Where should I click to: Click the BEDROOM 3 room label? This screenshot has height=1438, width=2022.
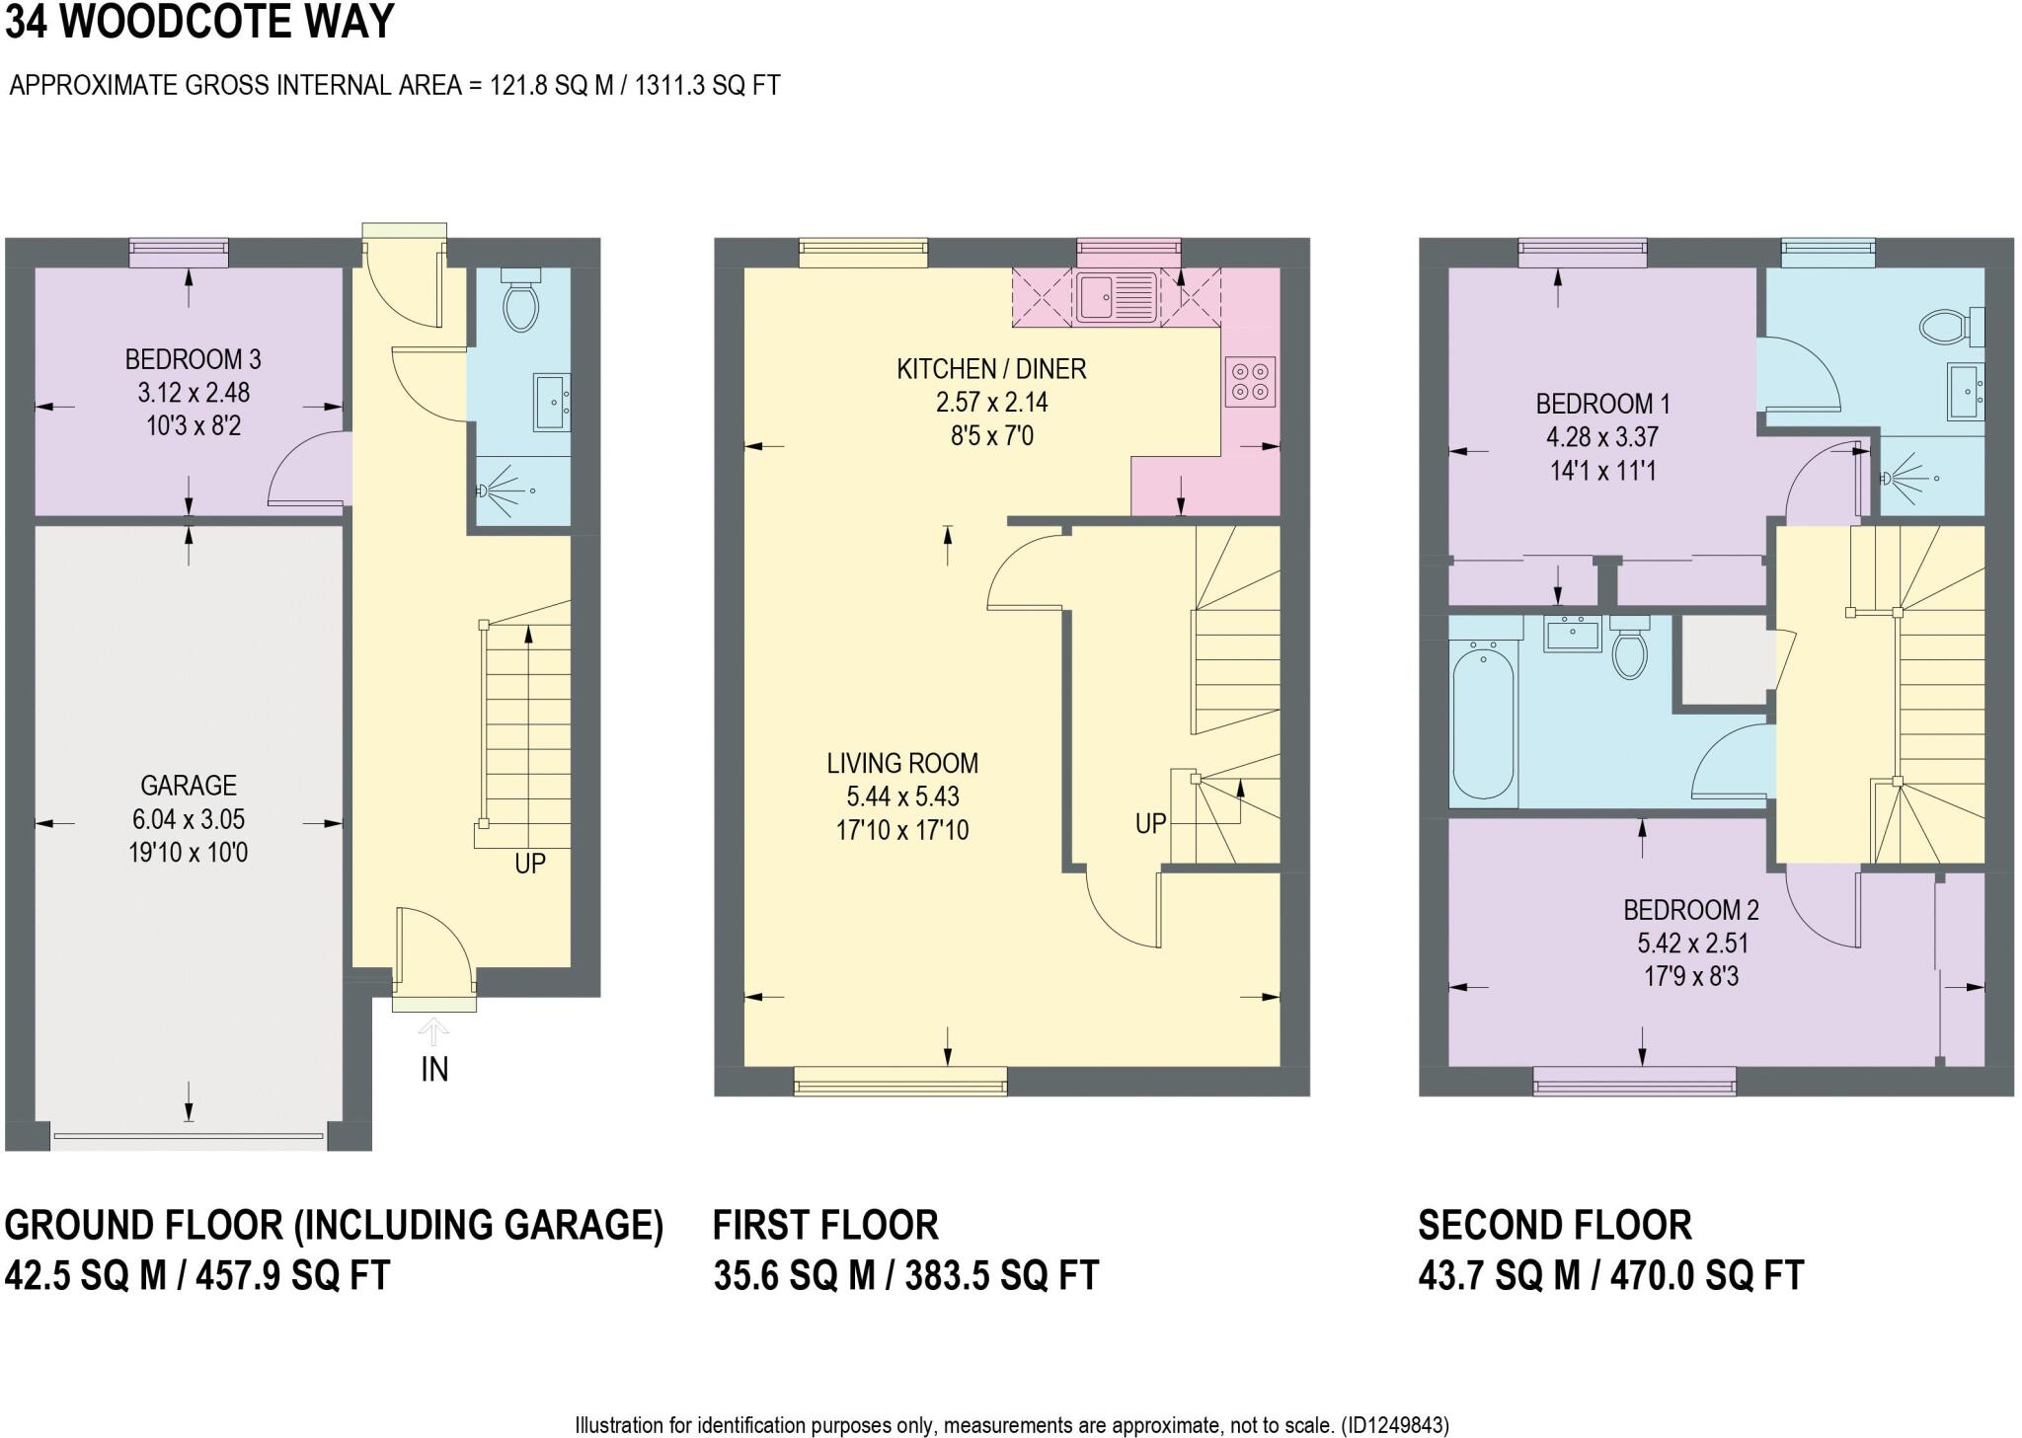[193, 358]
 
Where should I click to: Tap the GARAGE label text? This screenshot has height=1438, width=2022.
[189, 786]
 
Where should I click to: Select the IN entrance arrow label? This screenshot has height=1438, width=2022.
[434, 1069]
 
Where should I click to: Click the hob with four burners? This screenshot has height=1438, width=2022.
[1250, 382]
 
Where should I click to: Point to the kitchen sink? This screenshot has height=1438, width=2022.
[1117, 295]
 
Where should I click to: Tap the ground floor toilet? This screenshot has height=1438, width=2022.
[519, 300]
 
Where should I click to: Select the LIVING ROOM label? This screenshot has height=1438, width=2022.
[902, 763]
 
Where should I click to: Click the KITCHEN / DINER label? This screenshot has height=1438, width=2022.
[991, 369]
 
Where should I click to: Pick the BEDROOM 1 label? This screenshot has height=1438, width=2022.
[1602, 404]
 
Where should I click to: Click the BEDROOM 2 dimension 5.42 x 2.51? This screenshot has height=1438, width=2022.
[1692, 944]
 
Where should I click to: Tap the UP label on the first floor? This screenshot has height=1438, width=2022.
[1151, 823]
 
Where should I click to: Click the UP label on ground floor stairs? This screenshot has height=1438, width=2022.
[530, 864]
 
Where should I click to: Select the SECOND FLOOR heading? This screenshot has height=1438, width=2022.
[1555, 1225]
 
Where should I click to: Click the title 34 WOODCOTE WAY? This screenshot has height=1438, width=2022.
[199, 22]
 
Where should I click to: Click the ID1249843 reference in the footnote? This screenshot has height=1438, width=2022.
[1395, 1425]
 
